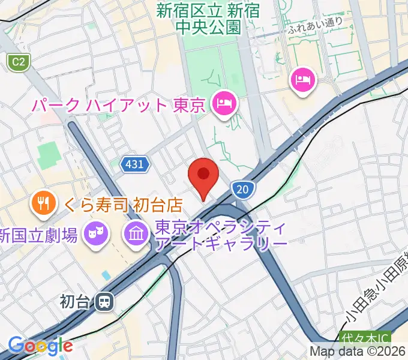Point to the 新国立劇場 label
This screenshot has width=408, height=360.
pyautogui.click(x=39, y=235)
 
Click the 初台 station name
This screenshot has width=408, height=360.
pyautogui.click(x=75, y=301)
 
